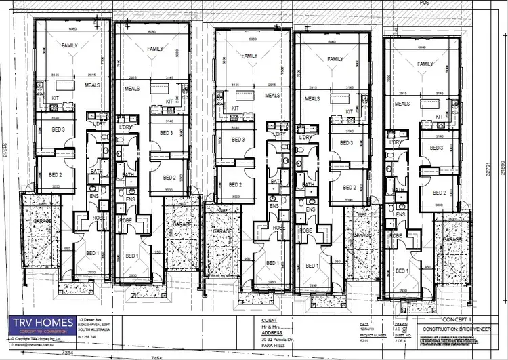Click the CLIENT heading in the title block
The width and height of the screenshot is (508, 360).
click(x=270, y=319)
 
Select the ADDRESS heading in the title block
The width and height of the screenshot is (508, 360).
click(x=272, y=334)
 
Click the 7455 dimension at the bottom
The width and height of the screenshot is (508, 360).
click(x=158, y=357)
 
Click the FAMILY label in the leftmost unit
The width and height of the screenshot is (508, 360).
click(x=69, y=46)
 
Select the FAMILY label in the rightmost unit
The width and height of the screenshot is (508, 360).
click(x=425, y=64)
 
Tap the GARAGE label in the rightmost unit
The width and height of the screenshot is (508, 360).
click(x=452, y=240)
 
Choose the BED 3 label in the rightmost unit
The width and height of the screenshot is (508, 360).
click(x=436, y=148)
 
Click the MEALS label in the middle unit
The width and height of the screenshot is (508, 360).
click(x=272, y=96)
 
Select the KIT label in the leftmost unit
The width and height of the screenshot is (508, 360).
click(x=56, y=99)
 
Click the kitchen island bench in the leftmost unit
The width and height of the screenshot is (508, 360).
click(x=66, y=86)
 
